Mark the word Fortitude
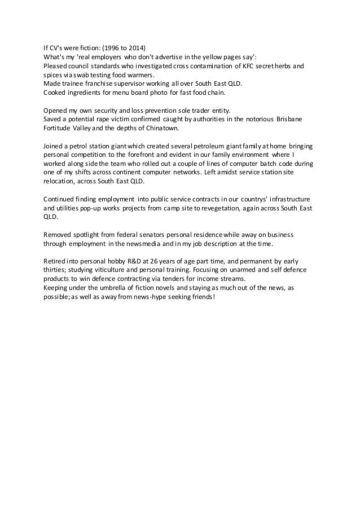click(x=59, y=128)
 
